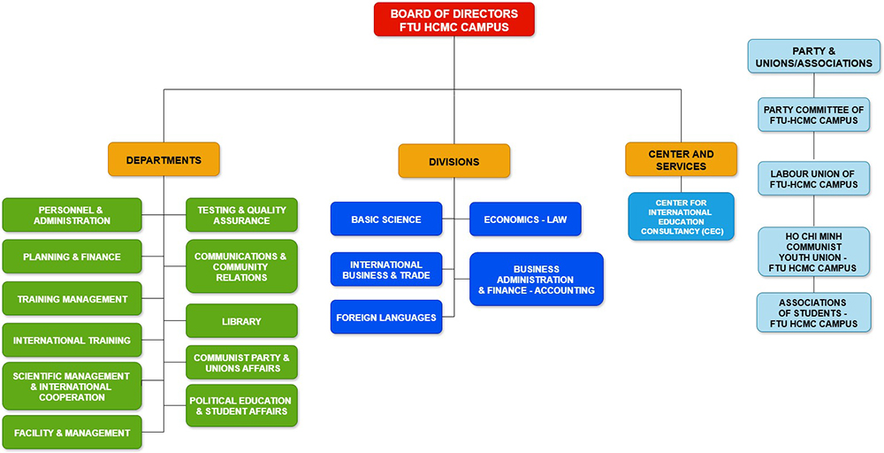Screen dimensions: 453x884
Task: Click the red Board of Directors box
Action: (453, 19)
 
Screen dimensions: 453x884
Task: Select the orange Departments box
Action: (164, 160)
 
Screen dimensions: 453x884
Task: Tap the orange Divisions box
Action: (453, 162)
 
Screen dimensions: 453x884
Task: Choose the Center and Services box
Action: (681, 160)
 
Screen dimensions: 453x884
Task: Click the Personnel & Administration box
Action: (72, 215)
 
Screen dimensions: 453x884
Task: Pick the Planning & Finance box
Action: (72, 257)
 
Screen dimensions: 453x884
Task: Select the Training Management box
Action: (72, 299)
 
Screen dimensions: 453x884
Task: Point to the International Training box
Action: (72, 341)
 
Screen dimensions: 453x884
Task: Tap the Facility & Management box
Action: (72, 433)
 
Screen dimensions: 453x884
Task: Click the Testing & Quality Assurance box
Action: (241, 215)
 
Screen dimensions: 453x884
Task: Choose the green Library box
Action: (241, 321)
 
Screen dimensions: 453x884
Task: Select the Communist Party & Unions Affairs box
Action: (241, 363)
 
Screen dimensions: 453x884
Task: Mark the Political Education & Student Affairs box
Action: (241, 405)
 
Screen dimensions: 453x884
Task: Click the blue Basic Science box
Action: (385, 219)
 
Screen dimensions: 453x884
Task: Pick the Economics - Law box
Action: (525, 219)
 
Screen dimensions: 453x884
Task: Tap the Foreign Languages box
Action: (385, 317)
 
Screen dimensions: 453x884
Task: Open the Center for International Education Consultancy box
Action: (681, 217)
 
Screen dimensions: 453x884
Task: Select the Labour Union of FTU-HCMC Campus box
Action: (813, 179)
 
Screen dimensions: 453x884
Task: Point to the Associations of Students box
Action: (813, 313)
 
